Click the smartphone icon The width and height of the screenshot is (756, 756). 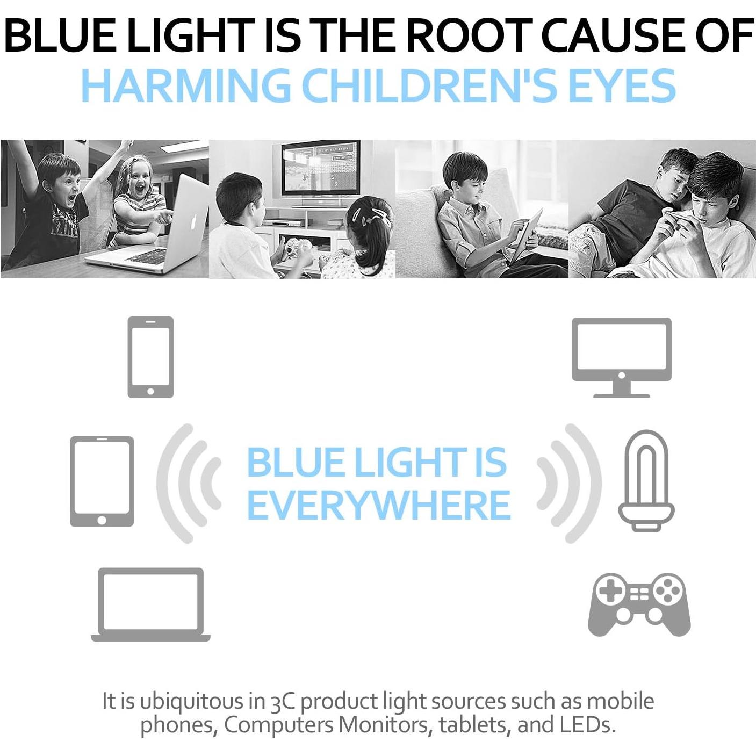tap(150, 357)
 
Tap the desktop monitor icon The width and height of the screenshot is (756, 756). tap(622, 357)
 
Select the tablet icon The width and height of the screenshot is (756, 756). tap(102, 481)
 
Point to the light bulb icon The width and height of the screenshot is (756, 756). tap(646, 480)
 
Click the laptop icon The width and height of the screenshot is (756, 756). tap(150, 604)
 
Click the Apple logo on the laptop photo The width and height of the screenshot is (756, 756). tap(193, 222)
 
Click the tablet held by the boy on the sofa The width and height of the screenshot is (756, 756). tap(527, 235)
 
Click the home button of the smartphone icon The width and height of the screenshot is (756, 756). tap(150, 391)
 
